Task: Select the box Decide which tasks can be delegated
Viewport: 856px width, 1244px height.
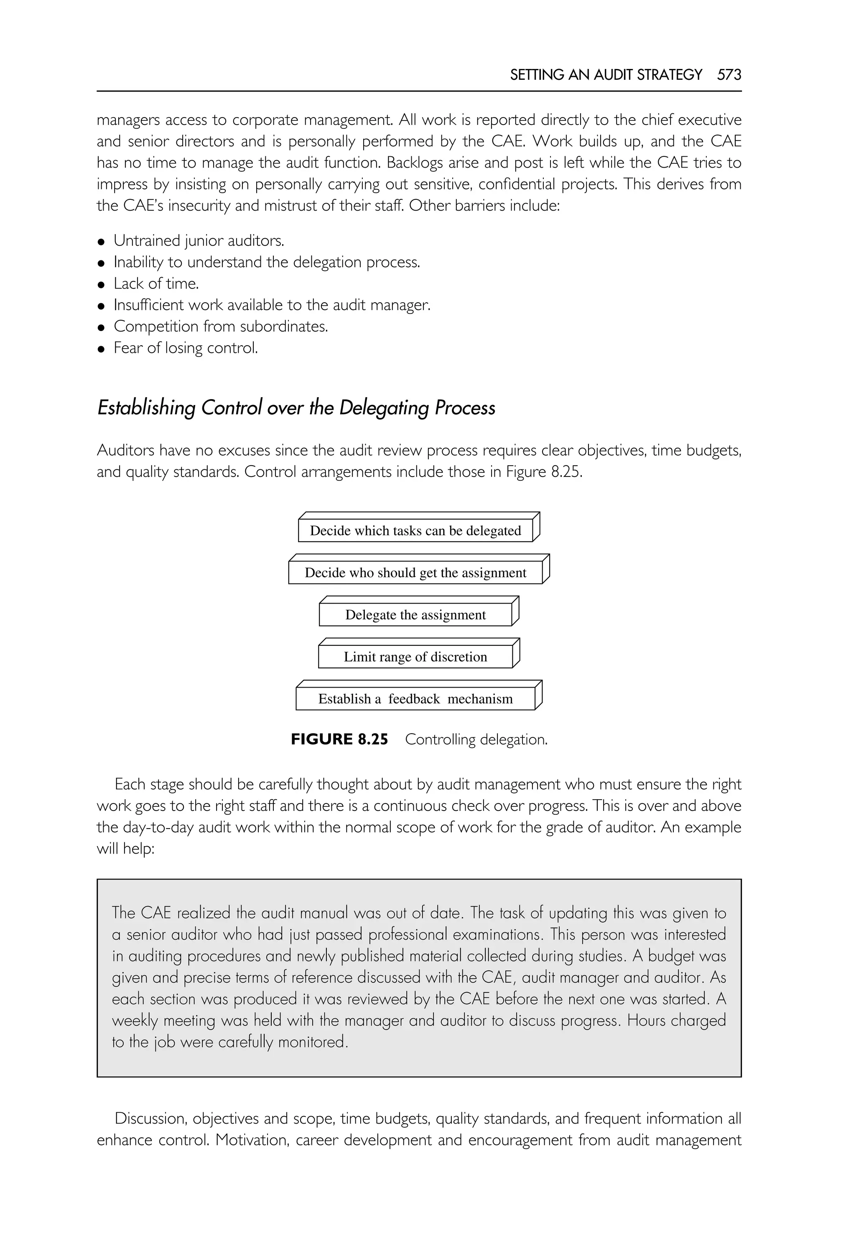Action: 415,530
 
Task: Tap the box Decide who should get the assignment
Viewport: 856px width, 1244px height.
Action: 415,572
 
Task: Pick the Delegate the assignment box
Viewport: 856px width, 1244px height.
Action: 415,615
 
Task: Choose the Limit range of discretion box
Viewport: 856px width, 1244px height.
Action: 415,657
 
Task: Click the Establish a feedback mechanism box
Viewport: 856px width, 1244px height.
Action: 415,698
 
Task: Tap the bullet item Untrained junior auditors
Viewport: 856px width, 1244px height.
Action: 199,241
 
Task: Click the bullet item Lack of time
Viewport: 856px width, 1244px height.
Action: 156,284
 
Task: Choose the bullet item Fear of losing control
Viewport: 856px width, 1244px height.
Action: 186,348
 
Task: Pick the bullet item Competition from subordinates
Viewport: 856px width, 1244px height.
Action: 220,327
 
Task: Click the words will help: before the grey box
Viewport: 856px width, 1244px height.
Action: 125,849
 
